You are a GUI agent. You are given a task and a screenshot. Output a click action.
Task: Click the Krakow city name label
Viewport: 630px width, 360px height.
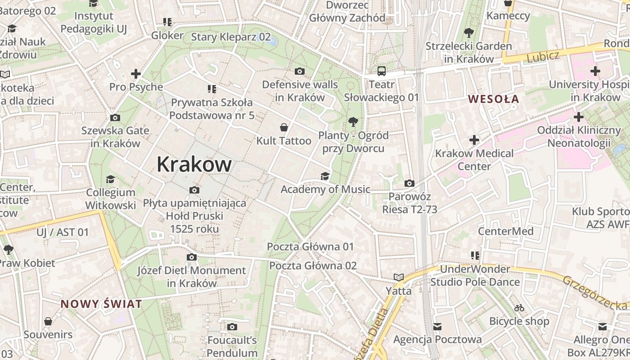tap(194, 165)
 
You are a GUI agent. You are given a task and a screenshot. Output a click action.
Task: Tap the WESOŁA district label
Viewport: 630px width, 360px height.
tap(494, 99)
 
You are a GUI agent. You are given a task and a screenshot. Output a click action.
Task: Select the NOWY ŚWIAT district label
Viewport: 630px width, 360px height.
tap(101, 304)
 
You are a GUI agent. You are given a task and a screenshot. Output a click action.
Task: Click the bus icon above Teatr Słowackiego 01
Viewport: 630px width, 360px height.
tap(382, 71)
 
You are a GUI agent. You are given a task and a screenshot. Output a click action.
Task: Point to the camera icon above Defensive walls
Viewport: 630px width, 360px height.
tap(299, 71)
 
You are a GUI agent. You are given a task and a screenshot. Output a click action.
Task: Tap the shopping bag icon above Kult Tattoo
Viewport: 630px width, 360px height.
tap(283, 127)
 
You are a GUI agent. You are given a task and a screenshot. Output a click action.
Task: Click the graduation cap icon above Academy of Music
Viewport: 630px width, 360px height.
tap(325, 176)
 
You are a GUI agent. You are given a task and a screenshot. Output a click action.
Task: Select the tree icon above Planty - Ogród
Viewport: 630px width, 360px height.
tap(353, 121)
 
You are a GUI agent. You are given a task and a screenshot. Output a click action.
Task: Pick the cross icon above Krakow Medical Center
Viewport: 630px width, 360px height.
tap(474, 140)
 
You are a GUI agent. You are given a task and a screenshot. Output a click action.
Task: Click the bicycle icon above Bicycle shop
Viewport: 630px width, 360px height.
tap(519, 308)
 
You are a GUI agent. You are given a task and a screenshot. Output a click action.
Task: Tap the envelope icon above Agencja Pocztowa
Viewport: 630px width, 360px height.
tap(437, 326)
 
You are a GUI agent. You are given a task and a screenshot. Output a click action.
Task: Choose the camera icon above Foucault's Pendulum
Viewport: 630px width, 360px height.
tap(232, 327)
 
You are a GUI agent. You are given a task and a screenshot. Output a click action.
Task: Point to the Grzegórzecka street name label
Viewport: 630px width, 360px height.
tap(594, 293)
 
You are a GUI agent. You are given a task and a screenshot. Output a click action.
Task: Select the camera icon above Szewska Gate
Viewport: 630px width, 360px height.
tap(115, 117)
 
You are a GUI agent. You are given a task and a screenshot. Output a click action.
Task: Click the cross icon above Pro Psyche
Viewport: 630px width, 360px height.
tap(136, 73)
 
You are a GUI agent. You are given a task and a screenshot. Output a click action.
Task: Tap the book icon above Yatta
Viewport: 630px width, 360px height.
tap(398, 277)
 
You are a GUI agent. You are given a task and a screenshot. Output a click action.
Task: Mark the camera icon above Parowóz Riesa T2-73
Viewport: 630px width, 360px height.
tap(409, 183)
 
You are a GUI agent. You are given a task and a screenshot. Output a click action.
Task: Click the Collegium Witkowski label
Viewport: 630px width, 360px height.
tap(111, 199)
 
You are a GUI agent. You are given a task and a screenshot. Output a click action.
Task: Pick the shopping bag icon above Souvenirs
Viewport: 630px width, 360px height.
tap(48, 321)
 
